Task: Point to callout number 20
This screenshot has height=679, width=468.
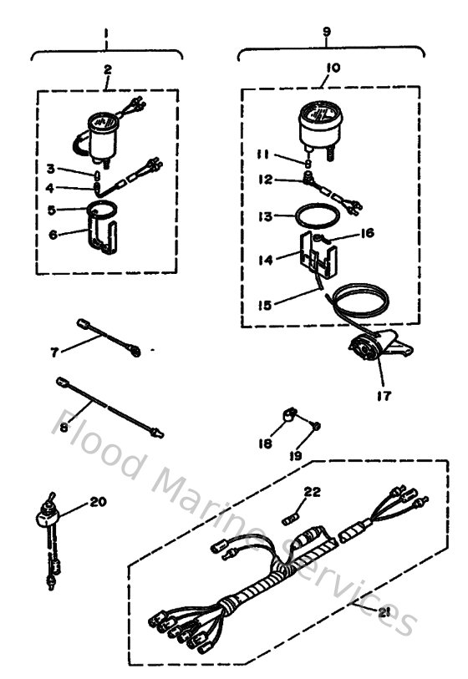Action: pyautogui.click(x=98, y=503)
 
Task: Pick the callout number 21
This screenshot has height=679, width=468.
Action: pyautogui.click(x=384, y=613)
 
